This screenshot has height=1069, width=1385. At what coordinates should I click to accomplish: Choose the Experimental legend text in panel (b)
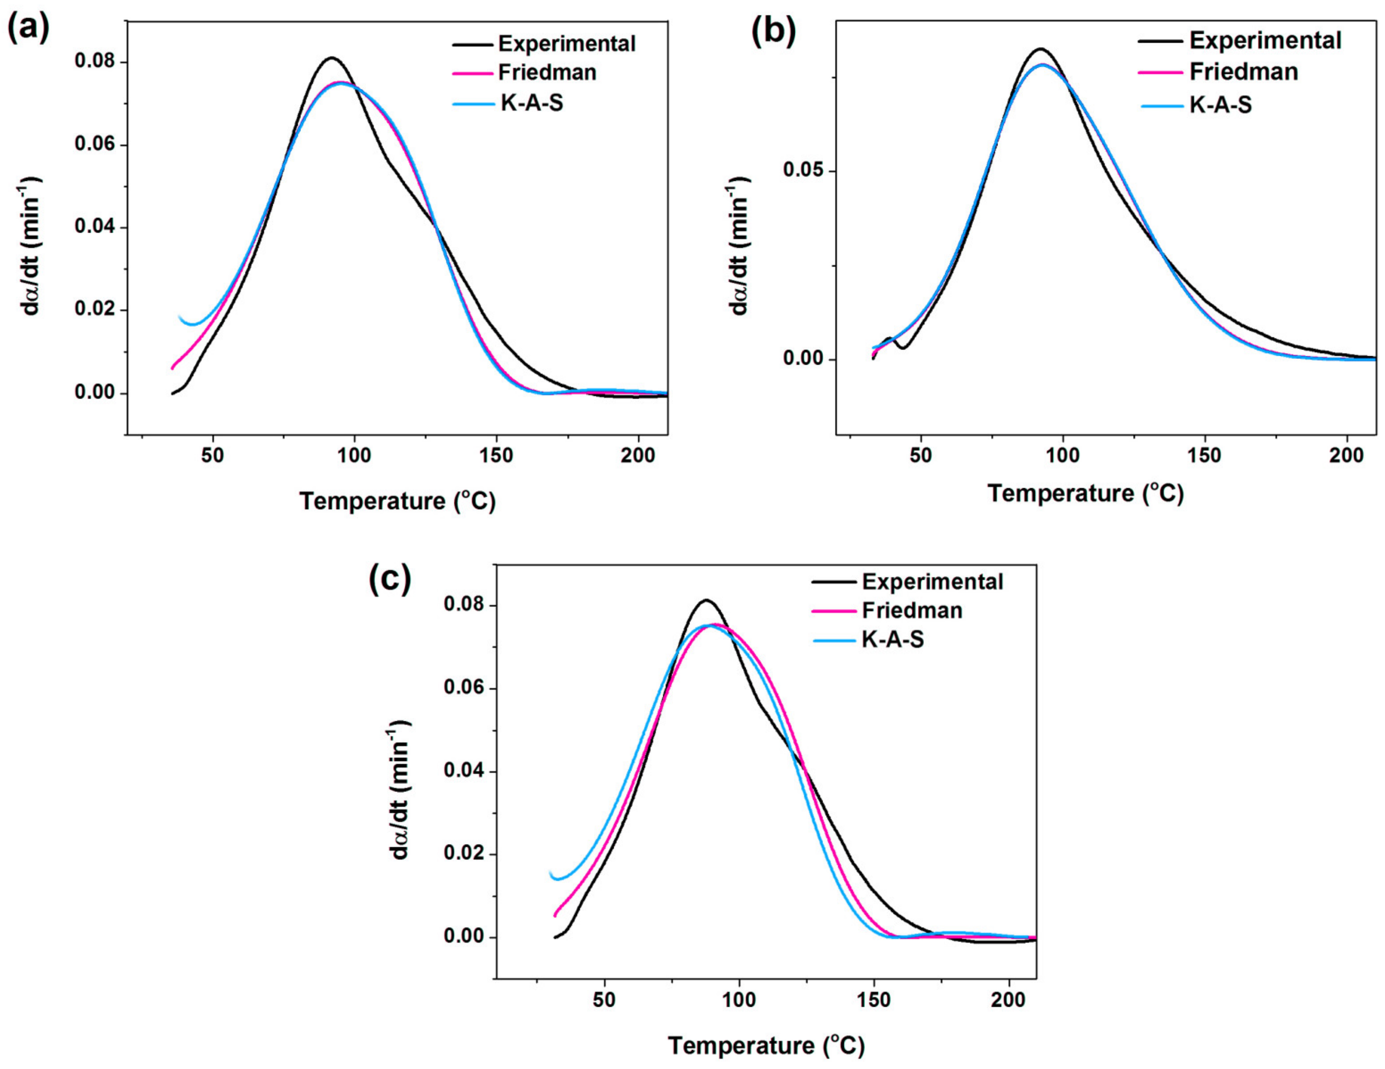(x=1265, y=41)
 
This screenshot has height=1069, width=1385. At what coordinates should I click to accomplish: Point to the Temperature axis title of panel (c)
(x=766, y=1046)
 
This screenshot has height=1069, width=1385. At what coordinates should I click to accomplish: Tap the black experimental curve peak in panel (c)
(x=706, y=600)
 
